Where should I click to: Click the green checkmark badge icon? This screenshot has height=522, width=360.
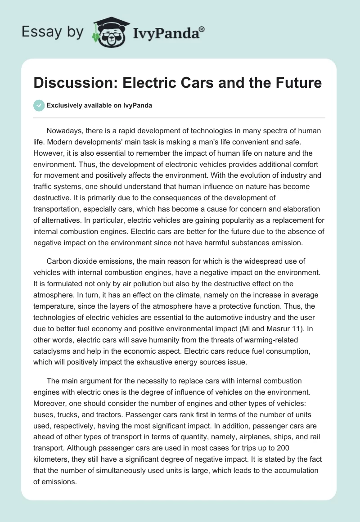(39, 105)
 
